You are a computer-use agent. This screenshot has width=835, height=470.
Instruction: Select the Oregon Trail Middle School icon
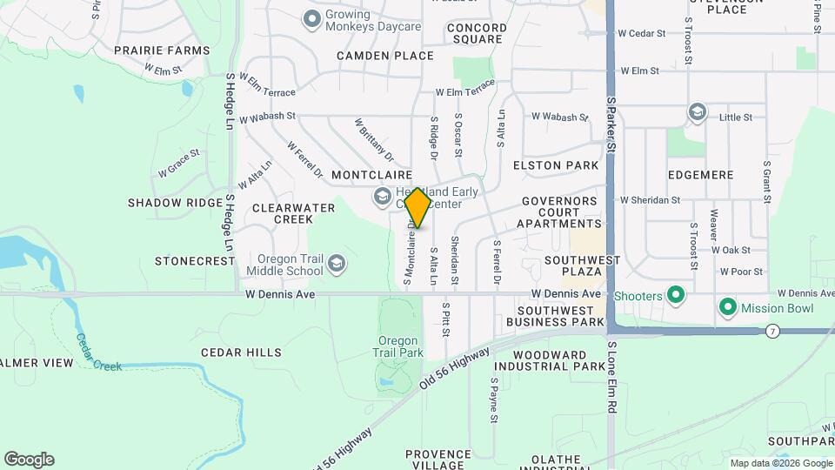[337, 263]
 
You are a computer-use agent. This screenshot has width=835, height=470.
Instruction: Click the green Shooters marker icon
[673, 296]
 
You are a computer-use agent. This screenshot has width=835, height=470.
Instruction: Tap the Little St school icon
[697, 112]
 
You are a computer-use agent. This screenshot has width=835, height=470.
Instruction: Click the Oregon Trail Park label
[400, 346]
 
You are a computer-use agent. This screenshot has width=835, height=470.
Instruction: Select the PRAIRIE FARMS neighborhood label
[162, 50]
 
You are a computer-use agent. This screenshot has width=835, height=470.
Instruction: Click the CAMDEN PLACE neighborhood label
[385, 56]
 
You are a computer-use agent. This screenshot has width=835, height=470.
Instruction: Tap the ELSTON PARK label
[556, 165]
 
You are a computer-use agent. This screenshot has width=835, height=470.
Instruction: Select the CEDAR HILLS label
[241, 352]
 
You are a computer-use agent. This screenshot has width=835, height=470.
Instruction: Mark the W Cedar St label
[641, 34]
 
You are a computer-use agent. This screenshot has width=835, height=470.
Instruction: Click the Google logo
[29, 460]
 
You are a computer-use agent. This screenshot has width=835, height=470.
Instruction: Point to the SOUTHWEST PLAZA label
[582, 265]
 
